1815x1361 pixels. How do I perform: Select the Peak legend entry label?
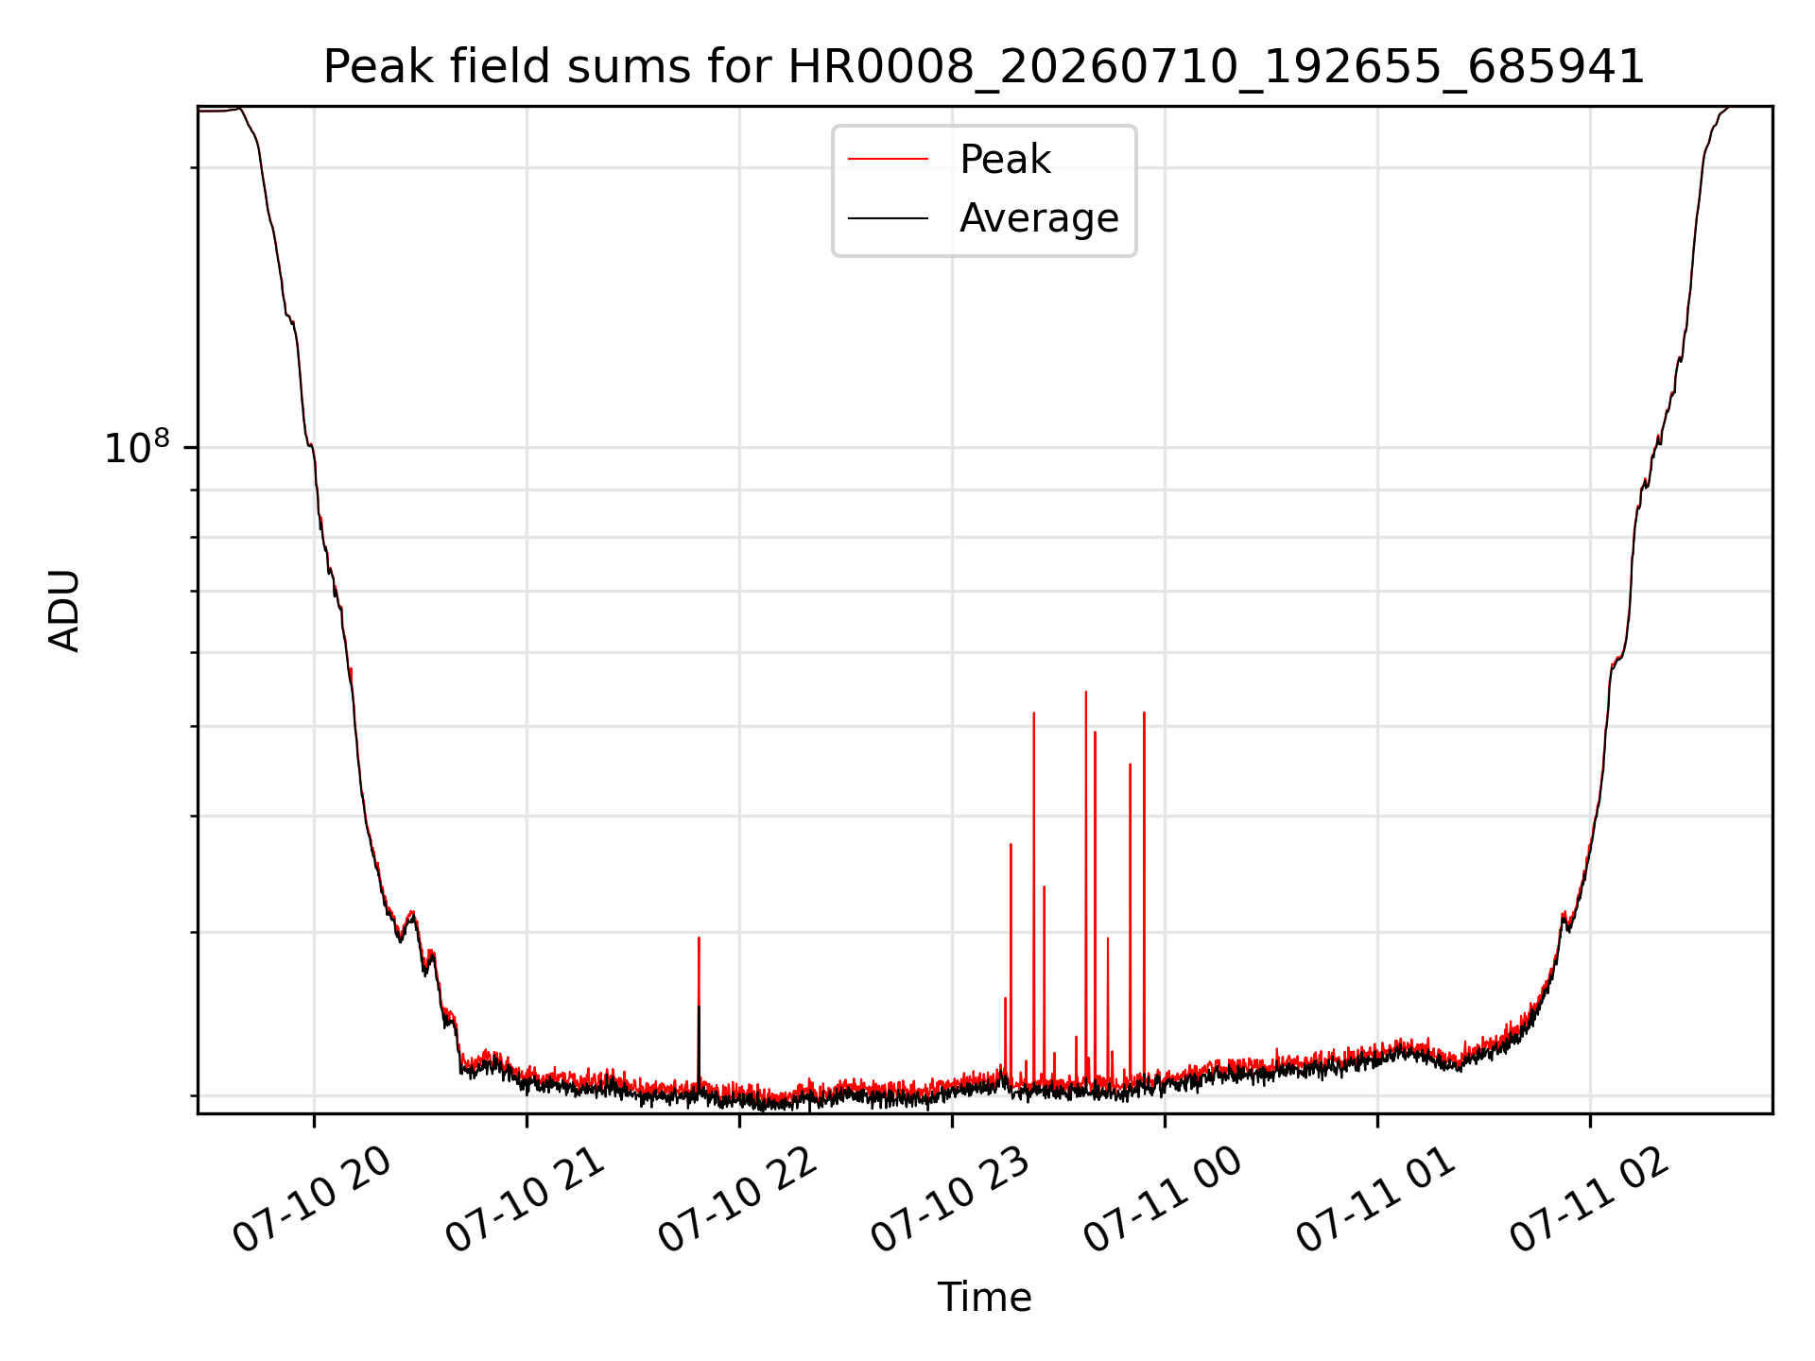1005,160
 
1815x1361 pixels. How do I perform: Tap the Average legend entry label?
1039,218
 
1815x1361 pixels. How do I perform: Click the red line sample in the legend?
888,159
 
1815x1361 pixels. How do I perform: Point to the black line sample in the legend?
888,218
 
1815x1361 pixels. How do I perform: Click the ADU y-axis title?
64,611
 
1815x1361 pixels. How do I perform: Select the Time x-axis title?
984,1297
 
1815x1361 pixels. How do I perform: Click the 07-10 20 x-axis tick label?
312,1200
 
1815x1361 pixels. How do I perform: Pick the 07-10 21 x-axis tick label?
525,1200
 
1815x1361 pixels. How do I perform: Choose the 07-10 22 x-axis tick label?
737,1200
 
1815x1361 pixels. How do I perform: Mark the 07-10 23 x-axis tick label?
950,1200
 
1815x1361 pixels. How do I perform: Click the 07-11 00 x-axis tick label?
1163,1200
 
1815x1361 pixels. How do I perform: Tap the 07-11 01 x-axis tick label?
1375,1200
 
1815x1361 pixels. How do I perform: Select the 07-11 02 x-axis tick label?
1588,1200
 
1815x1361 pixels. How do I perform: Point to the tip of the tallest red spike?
1086,692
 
